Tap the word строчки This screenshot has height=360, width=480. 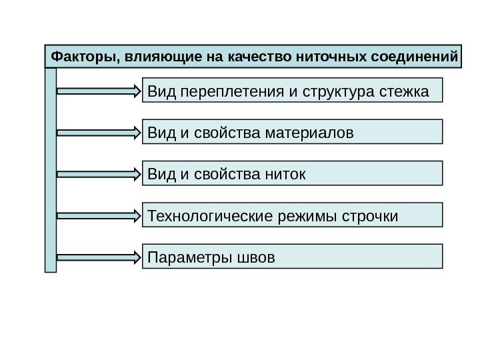pos(369,216)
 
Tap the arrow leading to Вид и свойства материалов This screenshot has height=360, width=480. pos(100,133)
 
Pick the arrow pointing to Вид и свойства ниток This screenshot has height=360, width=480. pos(100,174)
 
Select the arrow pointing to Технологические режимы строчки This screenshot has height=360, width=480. pos(100,215)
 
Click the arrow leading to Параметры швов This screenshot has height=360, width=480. pos(100,257)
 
